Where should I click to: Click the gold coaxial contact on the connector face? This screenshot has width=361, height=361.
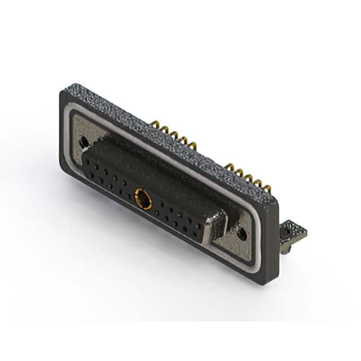pos(143,198)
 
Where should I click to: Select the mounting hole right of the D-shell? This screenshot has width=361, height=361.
pos(241,232)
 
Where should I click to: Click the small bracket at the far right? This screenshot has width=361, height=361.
pos(294,231)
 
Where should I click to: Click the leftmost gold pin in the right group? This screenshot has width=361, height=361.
pos(229,166)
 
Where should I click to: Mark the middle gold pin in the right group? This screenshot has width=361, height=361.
pos(246,175)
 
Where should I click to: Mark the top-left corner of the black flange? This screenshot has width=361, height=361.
pos(61,94)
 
